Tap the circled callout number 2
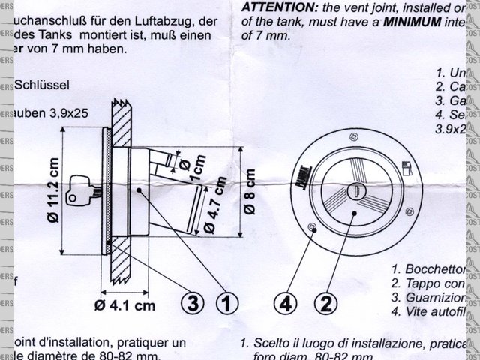click(325, 304)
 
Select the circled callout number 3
click(193, 304)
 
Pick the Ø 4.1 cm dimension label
click(125, 304)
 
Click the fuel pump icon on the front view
click(406, 166)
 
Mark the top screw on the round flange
click(353, 135)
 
